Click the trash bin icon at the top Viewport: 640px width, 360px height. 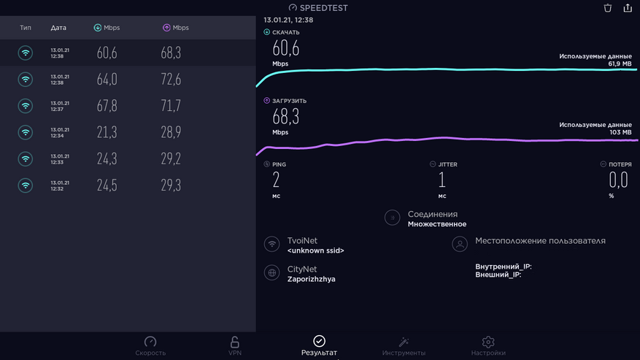pos(608,8)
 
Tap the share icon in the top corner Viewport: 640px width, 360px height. pos(628,8)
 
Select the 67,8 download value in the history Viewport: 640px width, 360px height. pos(107,106)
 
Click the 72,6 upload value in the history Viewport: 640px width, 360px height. pos(171,80)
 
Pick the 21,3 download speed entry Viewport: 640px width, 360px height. pos(107,132)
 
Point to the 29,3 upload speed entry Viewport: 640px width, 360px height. pos(171,185)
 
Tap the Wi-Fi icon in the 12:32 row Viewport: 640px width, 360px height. pos(26,185)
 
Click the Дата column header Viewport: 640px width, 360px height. pos(58,28)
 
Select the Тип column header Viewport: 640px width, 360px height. pos(26,28)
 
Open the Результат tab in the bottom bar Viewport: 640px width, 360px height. pos(319,342)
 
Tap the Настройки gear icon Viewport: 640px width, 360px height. pos(488,342)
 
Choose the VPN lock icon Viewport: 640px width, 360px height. pos(234,342)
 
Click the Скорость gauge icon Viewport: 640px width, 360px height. pos(150,342)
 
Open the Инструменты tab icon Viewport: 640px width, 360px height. pos(403,342)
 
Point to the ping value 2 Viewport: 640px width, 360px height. pos(277,180)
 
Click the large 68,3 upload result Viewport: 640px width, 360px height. pos(285,117)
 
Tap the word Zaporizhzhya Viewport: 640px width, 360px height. pos(311,279)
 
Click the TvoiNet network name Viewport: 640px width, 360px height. pos(302,240)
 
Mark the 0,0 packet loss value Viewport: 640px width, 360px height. pos(618,180)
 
